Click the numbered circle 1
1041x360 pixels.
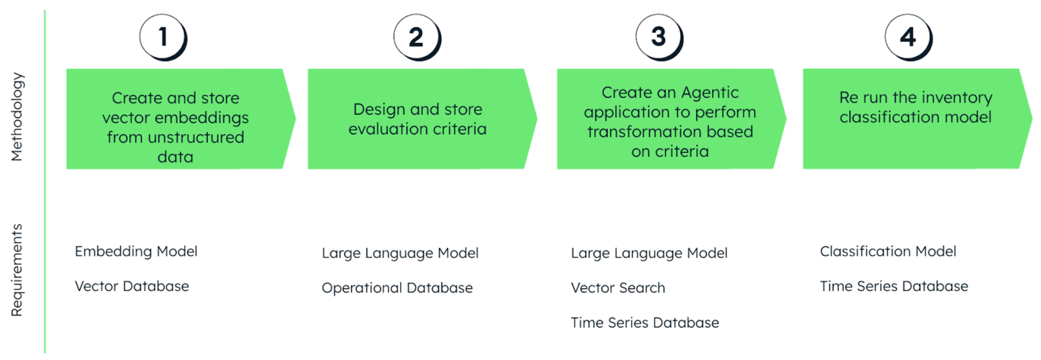click(x=163, y=37)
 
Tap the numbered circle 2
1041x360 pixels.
click(x=416, y=37)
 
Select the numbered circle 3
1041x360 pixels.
click(x=659, y=37)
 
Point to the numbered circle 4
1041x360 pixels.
click(x=908, y=37)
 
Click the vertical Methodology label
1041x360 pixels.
click(x=17, y=117)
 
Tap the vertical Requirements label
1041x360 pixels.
click(x=17, y=270)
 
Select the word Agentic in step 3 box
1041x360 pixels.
click(x=710, y=92)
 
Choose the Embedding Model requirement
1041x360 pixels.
click(x=136, y=251)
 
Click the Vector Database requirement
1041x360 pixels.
click(x=132, y=286)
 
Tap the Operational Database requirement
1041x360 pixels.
click(x=397, y=288)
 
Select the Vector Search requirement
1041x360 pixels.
click(x=618, y=288)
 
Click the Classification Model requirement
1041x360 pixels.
click(x=888, y=251)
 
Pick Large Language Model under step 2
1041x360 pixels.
click(x=400, y=253)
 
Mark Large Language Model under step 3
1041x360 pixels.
click(x=649, y=253)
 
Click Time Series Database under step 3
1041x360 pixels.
click(x=645, y=322)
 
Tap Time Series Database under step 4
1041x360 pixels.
click(x=894, y=286)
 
